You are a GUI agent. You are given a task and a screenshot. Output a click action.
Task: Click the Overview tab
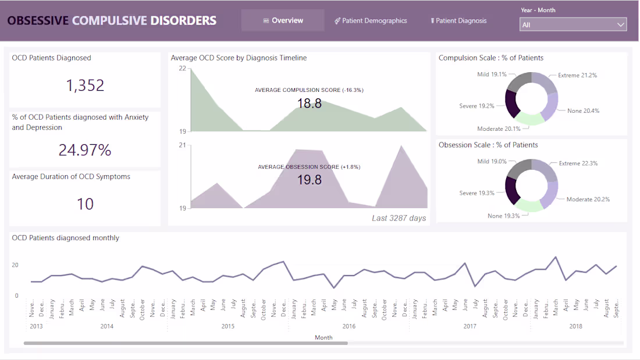click(x=283, y=20)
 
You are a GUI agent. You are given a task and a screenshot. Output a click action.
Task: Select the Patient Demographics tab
click(x=371, y=21)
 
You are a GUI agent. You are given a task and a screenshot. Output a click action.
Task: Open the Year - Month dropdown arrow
click(x=620, y=25)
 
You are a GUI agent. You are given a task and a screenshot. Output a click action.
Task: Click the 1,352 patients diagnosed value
click(x=85, y=85)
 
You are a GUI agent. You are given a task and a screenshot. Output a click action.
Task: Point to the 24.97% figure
click(x=85, y=150)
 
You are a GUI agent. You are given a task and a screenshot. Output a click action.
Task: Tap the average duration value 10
click(x=85, y=204)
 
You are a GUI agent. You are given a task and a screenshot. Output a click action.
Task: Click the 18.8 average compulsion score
click(x=309, y=104)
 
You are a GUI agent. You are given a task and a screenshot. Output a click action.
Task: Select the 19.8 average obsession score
click(x=309, y=180)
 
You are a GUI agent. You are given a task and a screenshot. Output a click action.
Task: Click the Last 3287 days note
click(x=399, y=218)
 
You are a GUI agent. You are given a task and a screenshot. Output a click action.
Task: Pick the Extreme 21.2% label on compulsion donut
click(x=577, y=76)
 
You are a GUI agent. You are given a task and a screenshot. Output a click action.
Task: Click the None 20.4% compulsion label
click(x=583, y=111)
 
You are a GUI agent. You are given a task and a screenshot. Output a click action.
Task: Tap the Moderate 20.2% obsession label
click(x=588, y=199)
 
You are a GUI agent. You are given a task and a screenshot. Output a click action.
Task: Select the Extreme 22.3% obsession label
click(x=578, y=163)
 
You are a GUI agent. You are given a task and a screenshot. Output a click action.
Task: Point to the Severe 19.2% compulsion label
click(x=477, y=106)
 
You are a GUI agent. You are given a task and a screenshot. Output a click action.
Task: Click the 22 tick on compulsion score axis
click(x=183, y=69)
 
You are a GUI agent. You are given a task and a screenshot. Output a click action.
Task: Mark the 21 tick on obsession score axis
click(x=183, y=145)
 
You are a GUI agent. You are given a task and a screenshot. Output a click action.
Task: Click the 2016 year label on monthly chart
click(x=349, y=326)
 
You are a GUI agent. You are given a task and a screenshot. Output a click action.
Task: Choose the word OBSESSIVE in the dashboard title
click(x=38, y=21)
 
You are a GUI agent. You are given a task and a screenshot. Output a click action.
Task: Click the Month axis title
click(x=323, y=337)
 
